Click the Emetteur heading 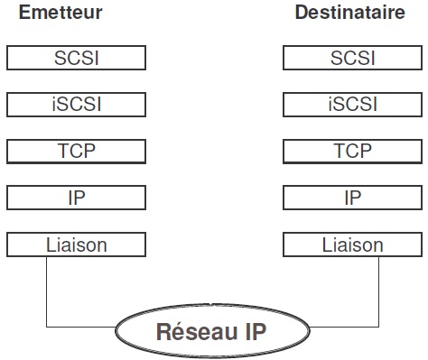(54, 14)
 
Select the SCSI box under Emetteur (76, 58)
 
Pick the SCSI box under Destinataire (352, 58)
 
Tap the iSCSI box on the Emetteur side (76, 104)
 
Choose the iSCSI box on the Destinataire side (352, 104)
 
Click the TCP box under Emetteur (76, 151)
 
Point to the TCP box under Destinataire (352, 151)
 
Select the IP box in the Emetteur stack (76, 198)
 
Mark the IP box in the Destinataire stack (352, 198)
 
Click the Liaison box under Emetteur (76, 244)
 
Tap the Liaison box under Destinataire (352, 244)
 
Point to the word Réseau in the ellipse (192, 330)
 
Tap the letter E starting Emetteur (12, 14)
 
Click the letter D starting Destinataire (301, 14)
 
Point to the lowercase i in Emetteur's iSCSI (54, 104)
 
